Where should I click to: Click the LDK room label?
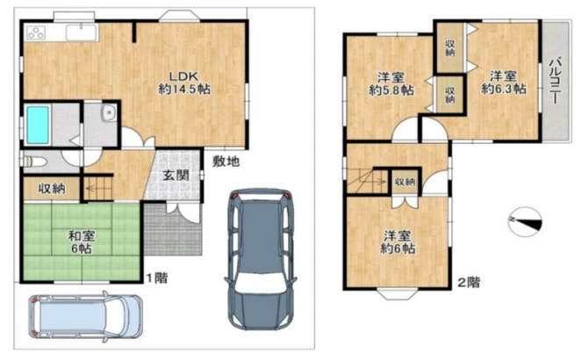[x=184, y=83]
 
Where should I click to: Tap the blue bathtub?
[x=38, y=125]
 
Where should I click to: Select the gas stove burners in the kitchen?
[x=36, y=32]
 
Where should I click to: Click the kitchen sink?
[x=82, y=32]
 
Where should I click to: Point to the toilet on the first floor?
[x=34, y=162]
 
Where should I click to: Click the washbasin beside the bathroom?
[x=109, y=112]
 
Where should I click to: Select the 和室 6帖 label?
[x=82, y=241]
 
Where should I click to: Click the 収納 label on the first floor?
[x=52, y=189]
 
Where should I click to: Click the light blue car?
[x=85, y=317]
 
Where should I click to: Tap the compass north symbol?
[x=525, y=221]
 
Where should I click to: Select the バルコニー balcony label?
[x=556, y=80]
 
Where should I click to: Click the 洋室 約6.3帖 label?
[x=503, y=83]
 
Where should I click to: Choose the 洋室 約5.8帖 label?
[x=392, y=84]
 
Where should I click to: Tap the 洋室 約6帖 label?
[x=397, y=242]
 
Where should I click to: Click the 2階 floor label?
[x=469, y=283]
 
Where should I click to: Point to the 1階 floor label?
[x=156, y=277]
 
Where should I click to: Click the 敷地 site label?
[x=226, y=162]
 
